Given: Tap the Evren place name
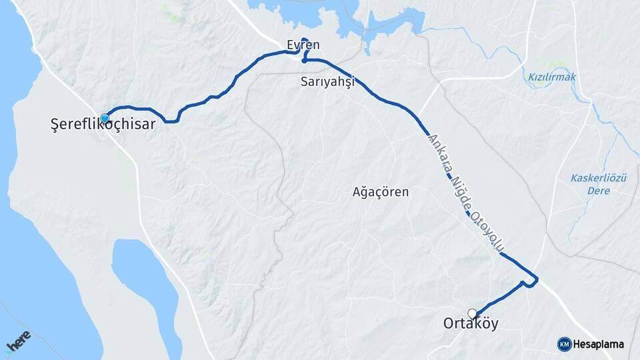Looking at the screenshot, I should tap(303, 45).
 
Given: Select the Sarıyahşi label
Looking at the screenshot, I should tap(326, 81).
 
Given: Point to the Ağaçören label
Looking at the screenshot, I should tap(380, 192).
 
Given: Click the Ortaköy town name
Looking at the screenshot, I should tap(471, 324).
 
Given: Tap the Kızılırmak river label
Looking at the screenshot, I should tap(551, 77).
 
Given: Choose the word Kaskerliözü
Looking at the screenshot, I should tap(599, 178).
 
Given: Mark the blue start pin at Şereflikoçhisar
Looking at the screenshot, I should tap(105, 118).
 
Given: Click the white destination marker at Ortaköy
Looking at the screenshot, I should tap(473, 313).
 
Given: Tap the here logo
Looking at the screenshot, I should tap(18, 341).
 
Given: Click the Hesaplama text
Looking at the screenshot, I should tap(598, 344).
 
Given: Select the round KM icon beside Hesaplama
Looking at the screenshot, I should tap(564, 344).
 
